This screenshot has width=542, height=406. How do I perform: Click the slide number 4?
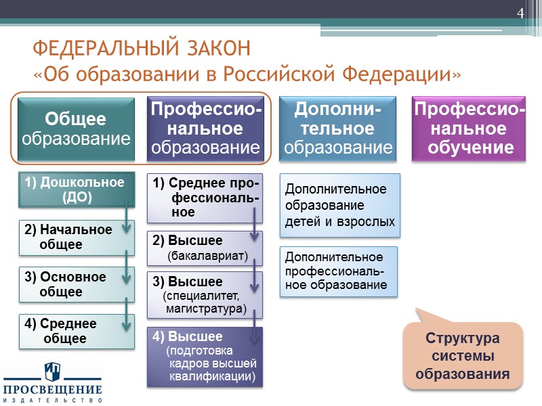click(x=521, y=14)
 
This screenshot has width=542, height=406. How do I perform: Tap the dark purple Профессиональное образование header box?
click(x=205, y=129)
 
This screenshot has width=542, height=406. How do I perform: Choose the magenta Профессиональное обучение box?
click(x=469, y=129)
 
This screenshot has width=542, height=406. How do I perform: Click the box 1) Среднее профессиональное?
click(x=205, y=198)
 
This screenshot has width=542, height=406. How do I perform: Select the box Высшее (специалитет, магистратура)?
click(x=205, y=294)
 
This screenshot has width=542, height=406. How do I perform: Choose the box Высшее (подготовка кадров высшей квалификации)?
click(x=205, y=357)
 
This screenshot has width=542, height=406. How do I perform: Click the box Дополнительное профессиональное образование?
click(x=339, y=271)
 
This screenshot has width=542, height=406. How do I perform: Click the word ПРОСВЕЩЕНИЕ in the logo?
click(x=52, y=390)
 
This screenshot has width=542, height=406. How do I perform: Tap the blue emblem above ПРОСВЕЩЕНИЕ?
click(x=52, y=371)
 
